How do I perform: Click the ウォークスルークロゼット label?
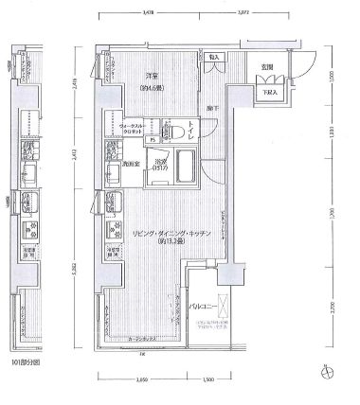coord(131,132)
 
